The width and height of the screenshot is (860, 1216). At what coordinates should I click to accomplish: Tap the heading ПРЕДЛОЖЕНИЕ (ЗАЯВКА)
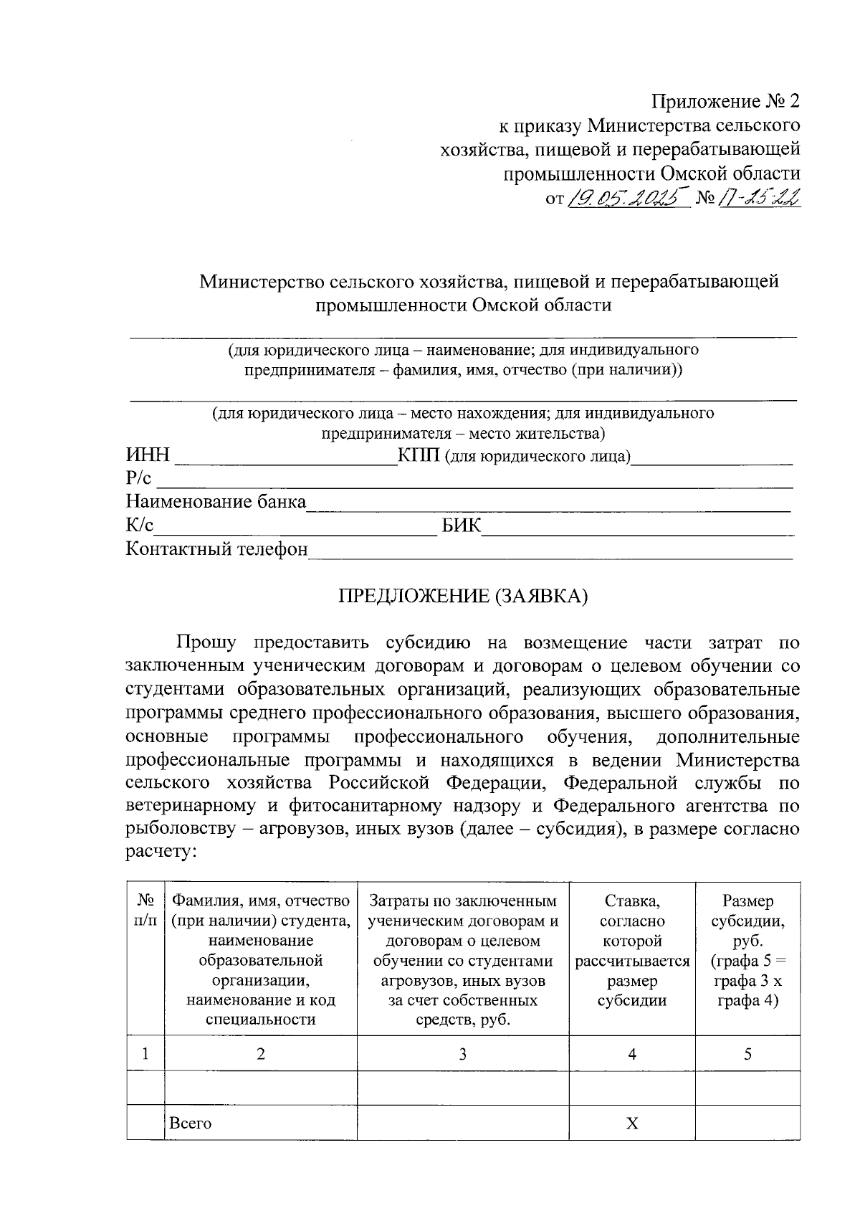click(x=463, y=596)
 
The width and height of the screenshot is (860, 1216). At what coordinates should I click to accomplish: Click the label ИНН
click(x=148, y=455)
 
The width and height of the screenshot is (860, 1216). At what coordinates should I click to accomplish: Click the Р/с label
click(x=139, y=479)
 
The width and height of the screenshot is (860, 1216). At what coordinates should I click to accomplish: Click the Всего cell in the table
click(x=190, y=1123)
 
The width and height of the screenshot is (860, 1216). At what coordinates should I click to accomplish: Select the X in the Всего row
click(x=631, y=1123)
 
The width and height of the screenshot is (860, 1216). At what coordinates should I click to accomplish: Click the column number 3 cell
click(x=463, y=1053)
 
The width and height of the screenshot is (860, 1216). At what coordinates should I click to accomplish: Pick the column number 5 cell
click(x=747, y=1053)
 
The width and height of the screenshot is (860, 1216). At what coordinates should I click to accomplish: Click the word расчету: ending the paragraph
click(x=161, y=852)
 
